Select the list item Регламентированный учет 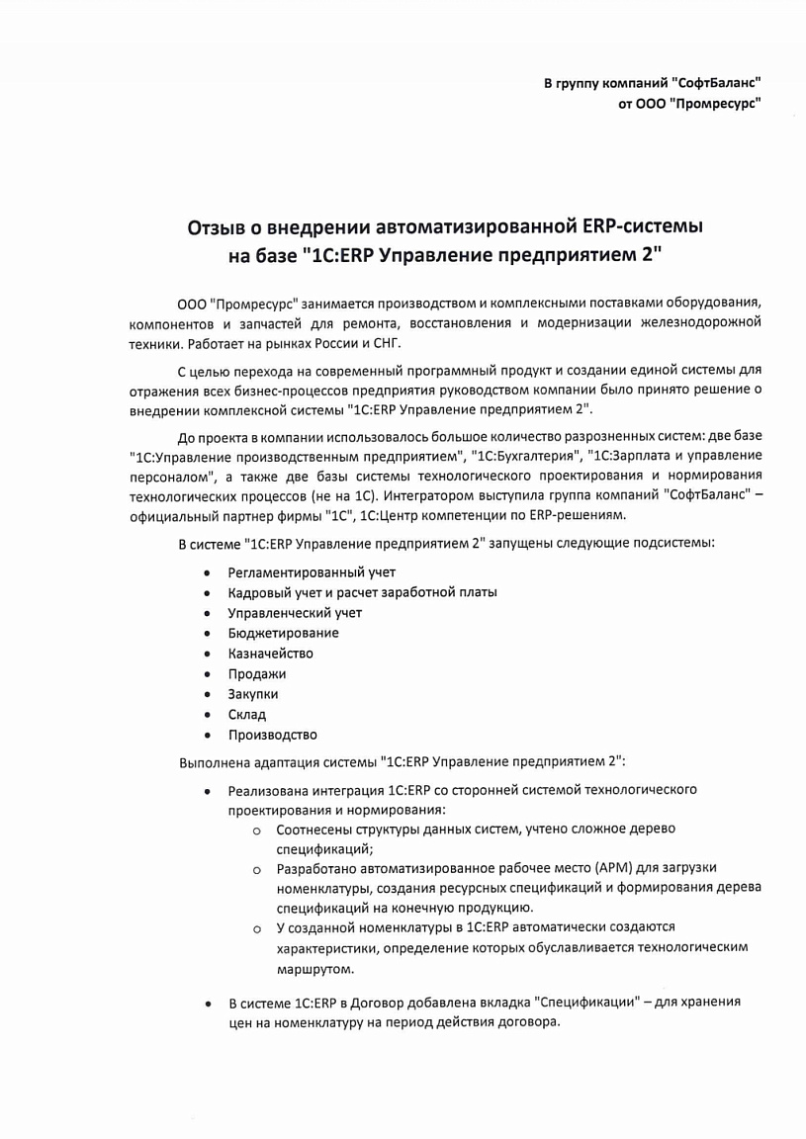312,572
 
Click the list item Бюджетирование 283,633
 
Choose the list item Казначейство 270,654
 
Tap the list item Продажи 257,674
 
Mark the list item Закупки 253,694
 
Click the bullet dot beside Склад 207,715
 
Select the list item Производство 272,735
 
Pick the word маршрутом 309,969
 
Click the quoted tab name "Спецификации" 583,1002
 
